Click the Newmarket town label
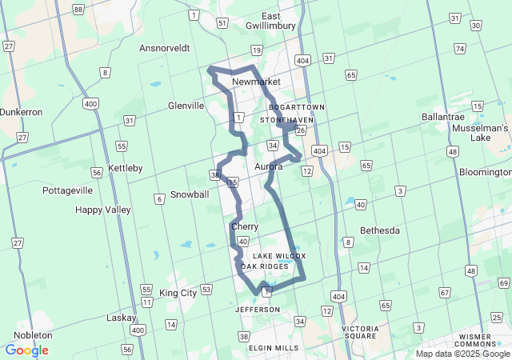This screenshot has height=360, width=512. tap(256, 82)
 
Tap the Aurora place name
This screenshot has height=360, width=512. tap(269, 166)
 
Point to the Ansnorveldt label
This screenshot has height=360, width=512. tap(164, 48)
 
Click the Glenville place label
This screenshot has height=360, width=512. tap(186, 106)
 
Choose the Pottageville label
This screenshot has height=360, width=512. tap(68, 190)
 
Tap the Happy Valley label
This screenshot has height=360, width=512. tap(102, 210)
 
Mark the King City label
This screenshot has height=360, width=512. tap(178, 294)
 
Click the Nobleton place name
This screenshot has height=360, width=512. tap(32, 335)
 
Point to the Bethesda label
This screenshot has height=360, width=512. tap(380, 230)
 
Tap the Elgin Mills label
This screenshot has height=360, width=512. tap(274, 348)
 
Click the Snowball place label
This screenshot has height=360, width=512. tap(190, 194)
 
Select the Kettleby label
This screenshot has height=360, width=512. tap(126, 168)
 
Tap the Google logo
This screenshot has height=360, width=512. tap(26, 350)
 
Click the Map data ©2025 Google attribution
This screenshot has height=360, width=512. tap(462, 354)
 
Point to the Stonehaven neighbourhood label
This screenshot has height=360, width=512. tap(286, 120)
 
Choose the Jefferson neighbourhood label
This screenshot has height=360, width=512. tap(258, 310)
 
